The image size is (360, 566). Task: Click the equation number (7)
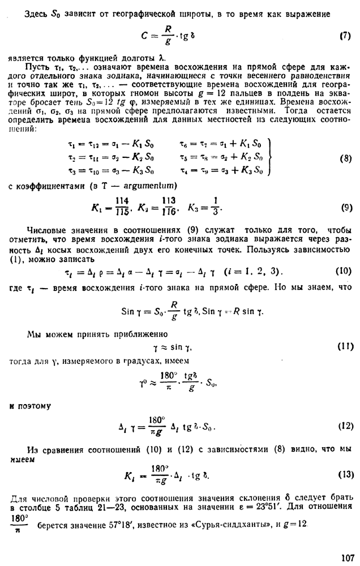point(345,36)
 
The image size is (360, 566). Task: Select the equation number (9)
point(346,208)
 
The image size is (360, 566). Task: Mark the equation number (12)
point(345,426)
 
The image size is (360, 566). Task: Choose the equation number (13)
point(345,474)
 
